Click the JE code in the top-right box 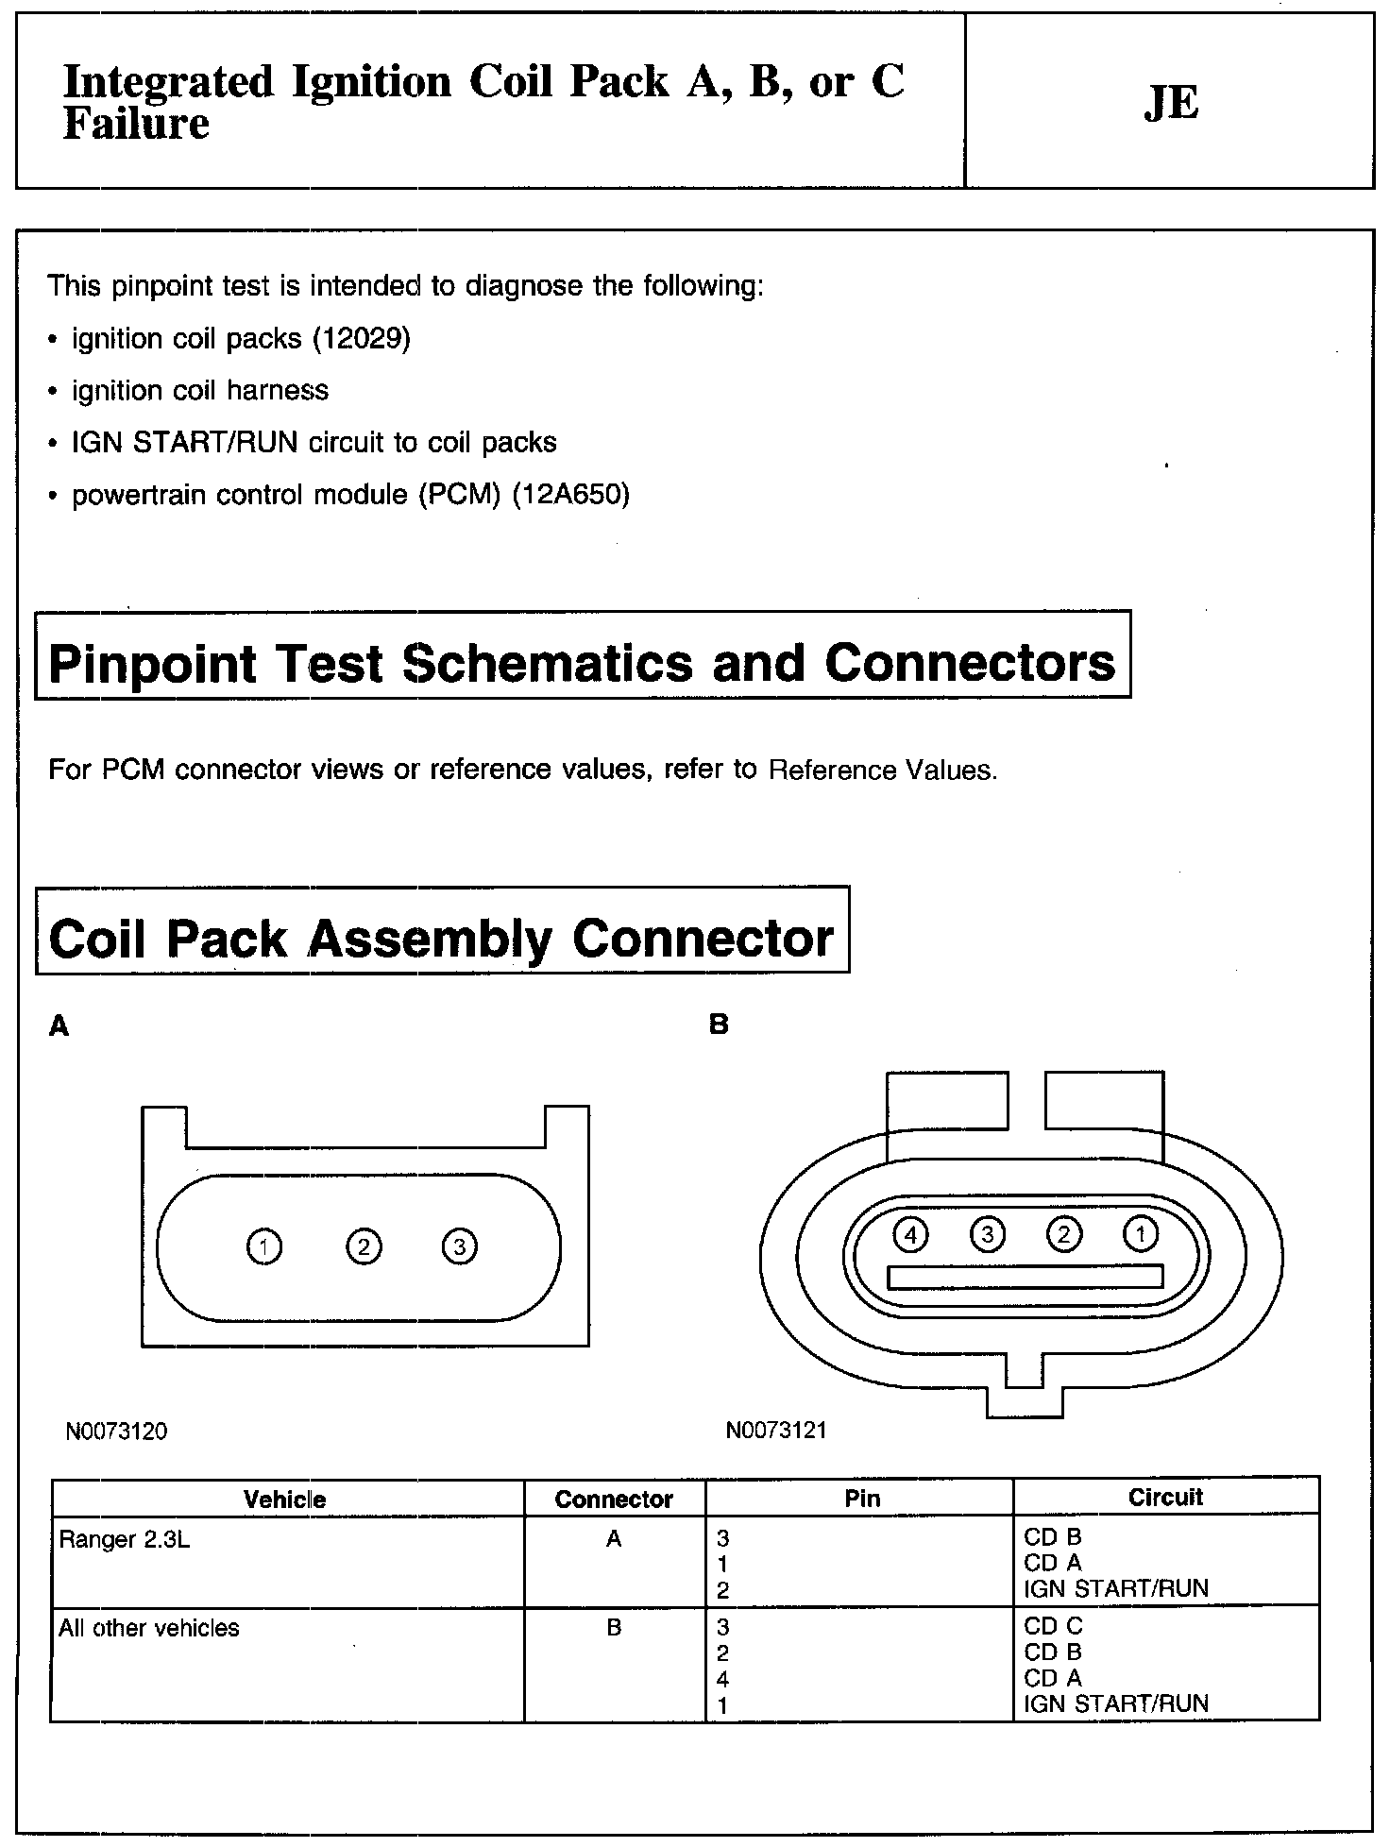click(1171, 102)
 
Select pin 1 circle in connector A click(263, 1246)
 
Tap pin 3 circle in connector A click(459, 1246)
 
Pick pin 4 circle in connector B click(910, 1233)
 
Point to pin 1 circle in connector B click(1141, 1233)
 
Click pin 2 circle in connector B click(1064, 1233)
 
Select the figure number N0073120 click(116, 1432)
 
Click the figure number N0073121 click(776, 1431)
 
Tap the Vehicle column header click(284, 1499)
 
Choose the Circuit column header click(1165, 1497)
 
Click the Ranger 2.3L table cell click(124, 1540)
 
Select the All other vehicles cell click(149, 1628)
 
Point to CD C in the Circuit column click(1053, 1626)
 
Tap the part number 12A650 click(570, 494)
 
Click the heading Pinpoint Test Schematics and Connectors click(582, 663)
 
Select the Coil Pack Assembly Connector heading click(441, 939)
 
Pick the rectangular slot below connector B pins click(1026, 1277)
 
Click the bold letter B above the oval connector click(719, 1025)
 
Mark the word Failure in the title click(136, 125)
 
